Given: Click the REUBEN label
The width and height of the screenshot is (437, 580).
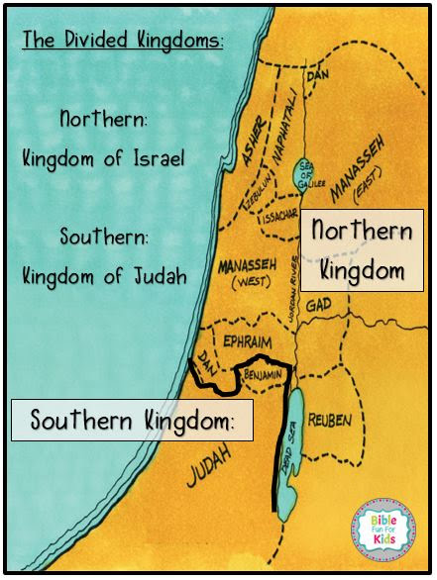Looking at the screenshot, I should (x=329, y=421).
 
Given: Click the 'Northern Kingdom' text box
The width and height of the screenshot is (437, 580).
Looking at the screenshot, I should (x=363, y=248).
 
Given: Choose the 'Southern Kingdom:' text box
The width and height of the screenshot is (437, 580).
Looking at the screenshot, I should (x=132, y=419).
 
